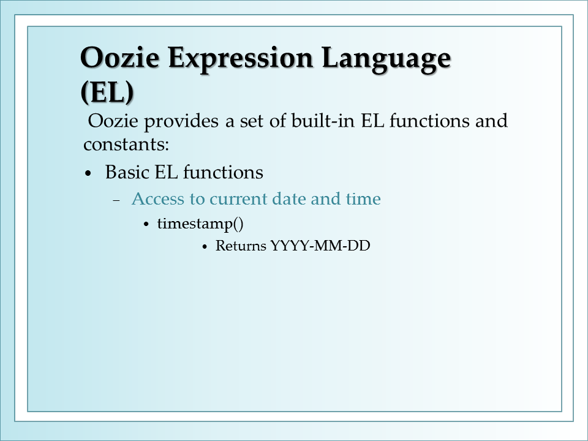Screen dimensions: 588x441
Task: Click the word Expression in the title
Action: coord(240,59)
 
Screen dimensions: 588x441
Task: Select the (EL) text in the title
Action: coord(107,91)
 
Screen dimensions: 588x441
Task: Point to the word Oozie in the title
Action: coord(119,57)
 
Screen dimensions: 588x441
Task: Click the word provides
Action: coord(181,121)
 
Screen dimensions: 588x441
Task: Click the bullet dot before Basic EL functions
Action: coord(88,173)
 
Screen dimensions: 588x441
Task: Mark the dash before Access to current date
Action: coord(116,201)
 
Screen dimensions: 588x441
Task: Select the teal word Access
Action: coord(157,198)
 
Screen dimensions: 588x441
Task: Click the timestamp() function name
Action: coord(200,224)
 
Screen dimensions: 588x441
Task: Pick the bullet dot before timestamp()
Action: coord(146,225)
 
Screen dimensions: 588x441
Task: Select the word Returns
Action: coord(241,246)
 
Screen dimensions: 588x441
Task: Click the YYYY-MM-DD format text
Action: coord(320,246)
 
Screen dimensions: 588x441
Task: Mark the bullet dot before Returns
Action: coord(205,247)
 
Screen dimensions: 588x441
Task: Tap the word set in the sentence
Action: coord(251,121)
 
